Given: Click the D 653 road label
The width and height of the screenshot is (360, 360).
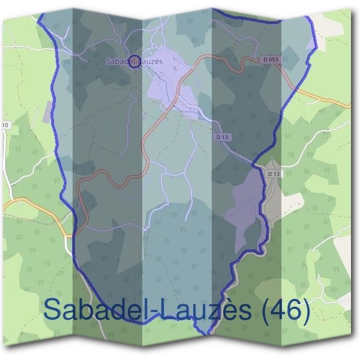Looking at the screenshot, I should [x=271, y=59].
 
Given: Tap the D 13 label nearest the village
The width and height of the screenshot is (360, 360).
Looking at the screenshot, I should [x=222, y=137].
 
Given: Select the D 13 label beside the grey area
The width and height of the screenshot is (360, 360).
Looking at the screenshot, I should [x=274, y=173].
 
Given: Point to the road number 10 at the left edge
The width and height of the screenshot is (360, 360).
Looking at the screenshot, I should [x=5, y=125].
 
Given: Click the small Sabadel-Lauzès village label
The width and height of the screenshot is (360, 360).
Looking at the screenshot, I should [x=134, y=61].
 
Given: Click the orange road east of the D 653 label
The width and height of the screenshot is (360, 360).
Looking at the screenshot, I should [x=324, y=97].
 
